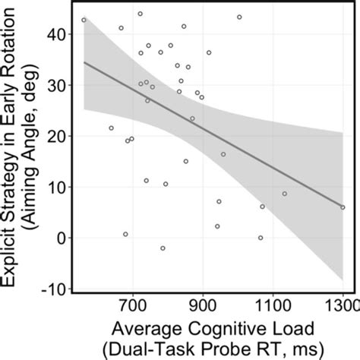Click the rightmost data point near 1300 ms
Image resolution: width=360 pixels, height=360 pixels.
point(343,207)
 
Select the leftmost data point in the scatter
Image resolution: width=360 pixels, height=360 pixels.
point(84,20)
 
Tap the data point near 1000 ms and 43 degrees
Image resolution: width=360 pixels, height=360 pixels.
point(239,17)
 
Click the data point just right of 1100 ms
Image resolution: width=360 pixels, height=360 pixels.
point(285,194)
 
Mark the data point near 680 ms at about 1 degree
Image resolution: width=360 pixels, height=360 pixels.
point(125,234)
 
